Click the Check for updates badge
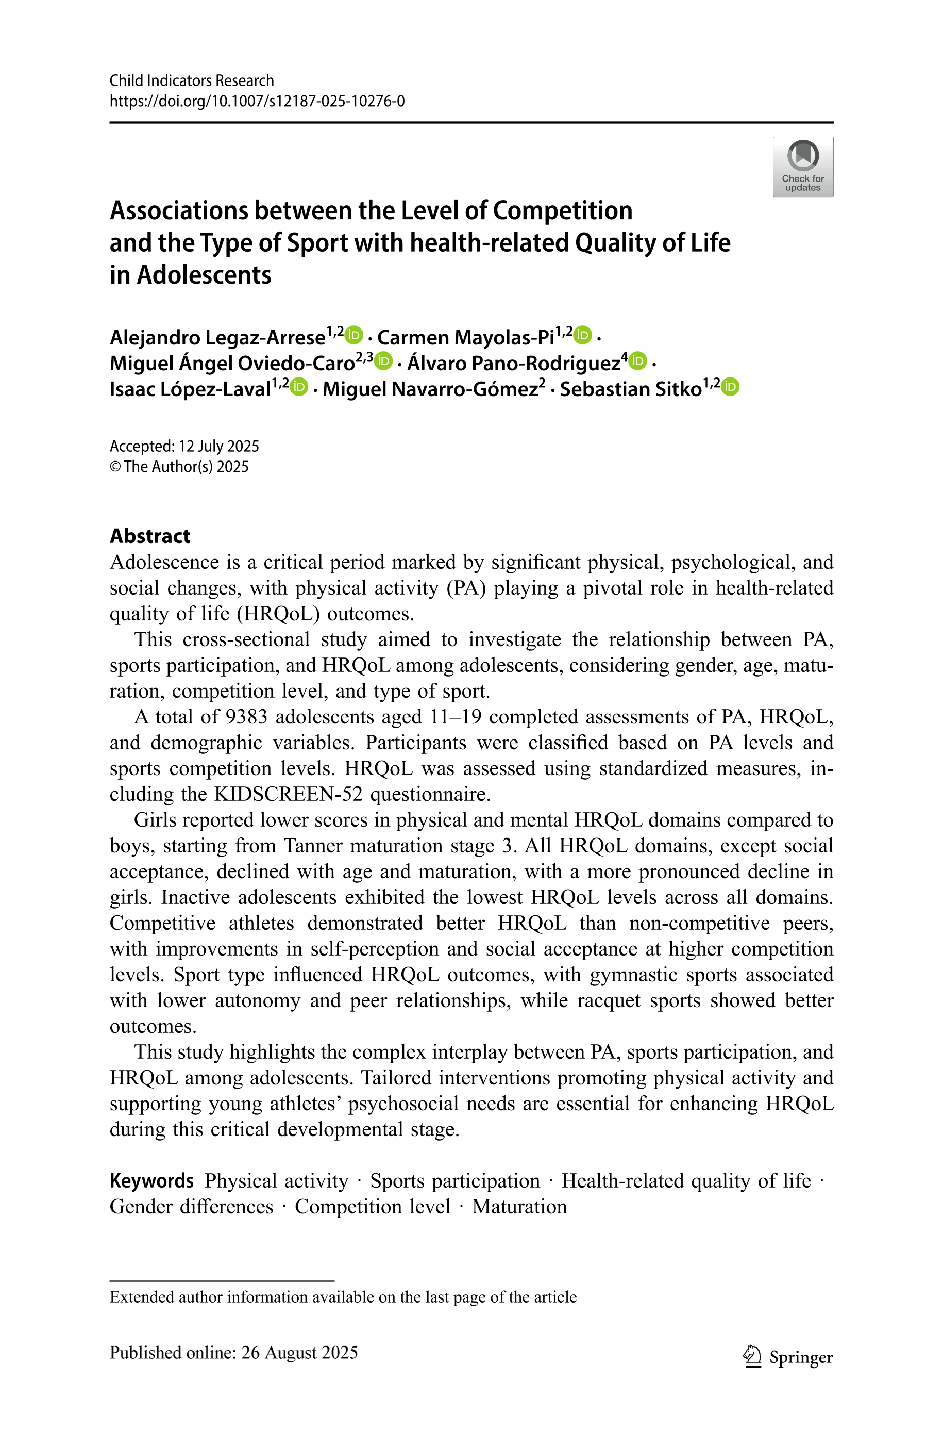[x=802, y=167]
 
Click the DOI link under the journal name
[x=257, y=101]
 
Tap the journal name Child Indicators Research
[x=191, y=80]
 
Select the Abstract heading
[x=150, y=536]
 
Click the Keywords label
[x=151, y=1181]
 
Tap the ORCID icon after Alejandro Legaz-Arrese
[x=354, y=334]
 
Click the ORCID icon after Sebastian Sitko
[x=730, y=386]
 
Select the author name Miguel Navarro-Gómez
[x=430, y=389]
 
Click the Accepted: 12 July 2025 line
[x=184, y=447]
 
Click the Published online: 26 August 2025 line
[x=233, y=1353]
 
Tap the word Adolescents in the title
[x=204, y=275]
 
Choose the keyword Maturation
[x=519, y=1207]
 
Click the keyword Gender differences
[x=191, y=1207]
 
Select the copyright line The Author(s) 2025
[x=179, y=467]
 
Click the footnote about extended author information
[x=343, y=1297]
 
